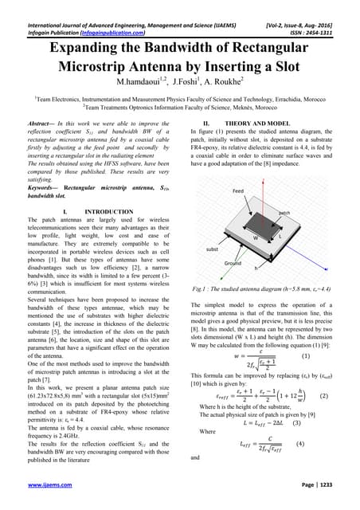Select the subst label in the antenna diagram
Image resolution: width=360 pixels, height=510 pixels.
pos(211,249)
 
